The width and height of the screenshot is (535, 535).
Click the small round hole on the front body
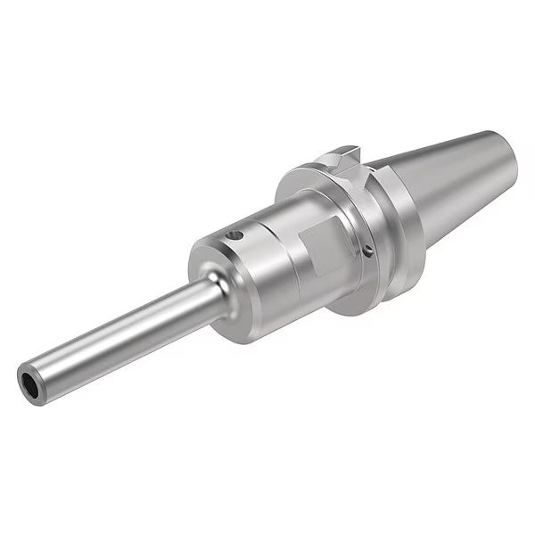[238, 237]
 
